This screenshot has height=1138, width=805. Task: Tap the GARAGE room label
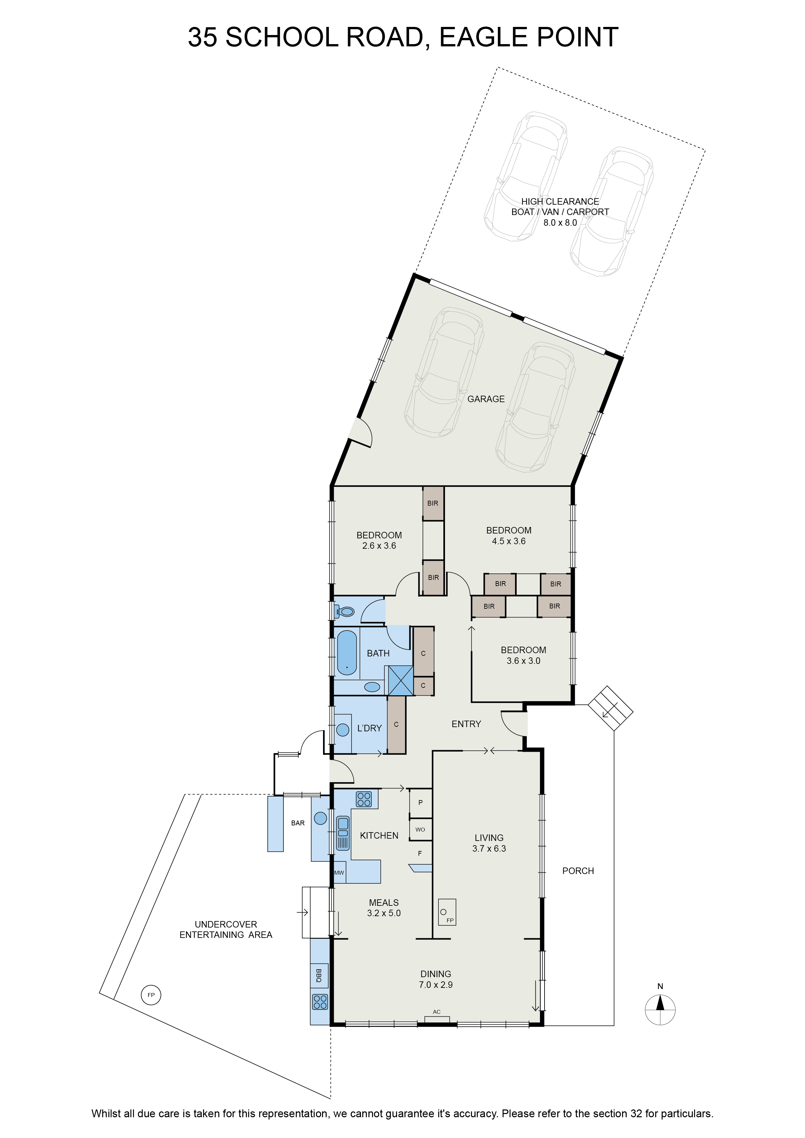click(486, 399)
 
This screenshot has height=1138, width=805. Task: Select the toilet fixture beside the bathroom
click(344, 612)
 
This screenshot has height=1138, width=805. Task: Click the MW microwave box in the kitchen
click(339, 873)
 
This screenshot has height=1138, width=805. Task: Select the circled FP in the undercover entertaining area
click(151, 995)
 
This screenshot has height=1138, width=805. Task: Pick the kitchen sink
click(342, 833)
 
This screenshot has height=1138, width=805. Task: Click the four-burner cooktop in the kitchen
click(364, 799)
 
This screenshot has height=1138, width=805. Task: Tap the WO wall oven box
click(420, 829)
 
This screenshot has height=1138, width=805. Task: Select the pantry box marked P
click(420, 802)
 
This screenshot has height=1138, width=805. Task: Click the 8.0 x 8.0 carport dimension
click(560, 222)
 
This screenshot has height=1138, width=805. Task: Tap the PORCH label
click(578, 871)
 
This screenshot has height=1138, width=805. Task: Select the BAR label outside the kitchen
click(298, 823)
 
